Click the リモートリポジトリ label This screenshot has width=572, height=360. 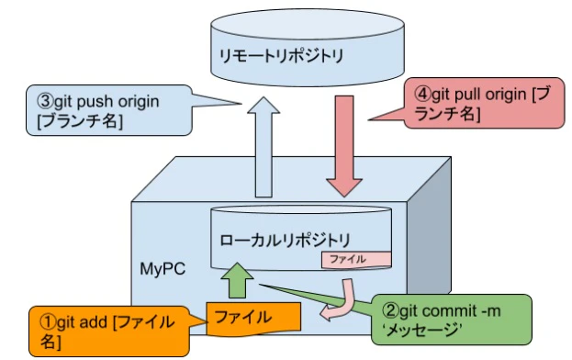(280, 56)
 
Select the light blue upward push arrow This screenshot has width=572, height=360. (263, 147)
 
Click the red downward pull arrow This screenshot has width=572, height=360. (346, 147)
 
